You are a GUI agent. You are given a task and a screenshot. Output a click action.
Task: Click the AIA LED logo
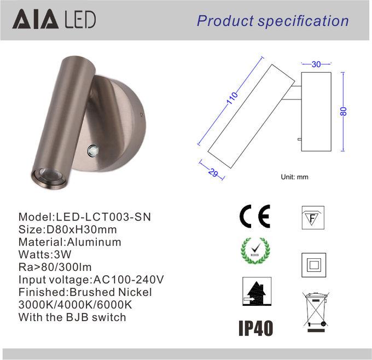[x=54, y=19]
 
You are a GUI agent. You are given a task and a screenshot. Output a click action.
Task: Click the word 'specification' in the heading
[x=303, y=21]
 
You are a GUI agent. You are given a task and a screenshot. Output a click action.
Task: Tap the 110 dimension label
[x=232, y=98]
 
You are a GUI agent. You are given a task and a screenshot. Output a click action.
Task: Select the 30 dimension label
[x=316, y=64]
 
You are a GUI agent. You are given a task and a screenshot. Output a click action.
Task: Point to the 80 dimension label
[x=344, y=111]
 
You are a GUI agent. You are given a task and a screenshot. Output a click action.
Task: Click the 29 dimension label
[x=213, y=172]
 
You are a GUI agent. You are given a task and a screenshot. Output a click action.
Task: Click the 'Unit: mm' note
[x=294, y=177]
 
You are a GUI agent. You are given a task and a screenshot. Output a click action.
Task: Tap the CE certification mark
[x=254, y=216]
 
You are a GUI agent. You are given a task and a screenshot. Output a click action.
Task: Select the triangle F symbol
[x=313, y=218]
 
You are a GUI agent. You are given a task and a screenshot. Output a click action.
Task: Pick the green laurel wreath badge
[x=255, y=251]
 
